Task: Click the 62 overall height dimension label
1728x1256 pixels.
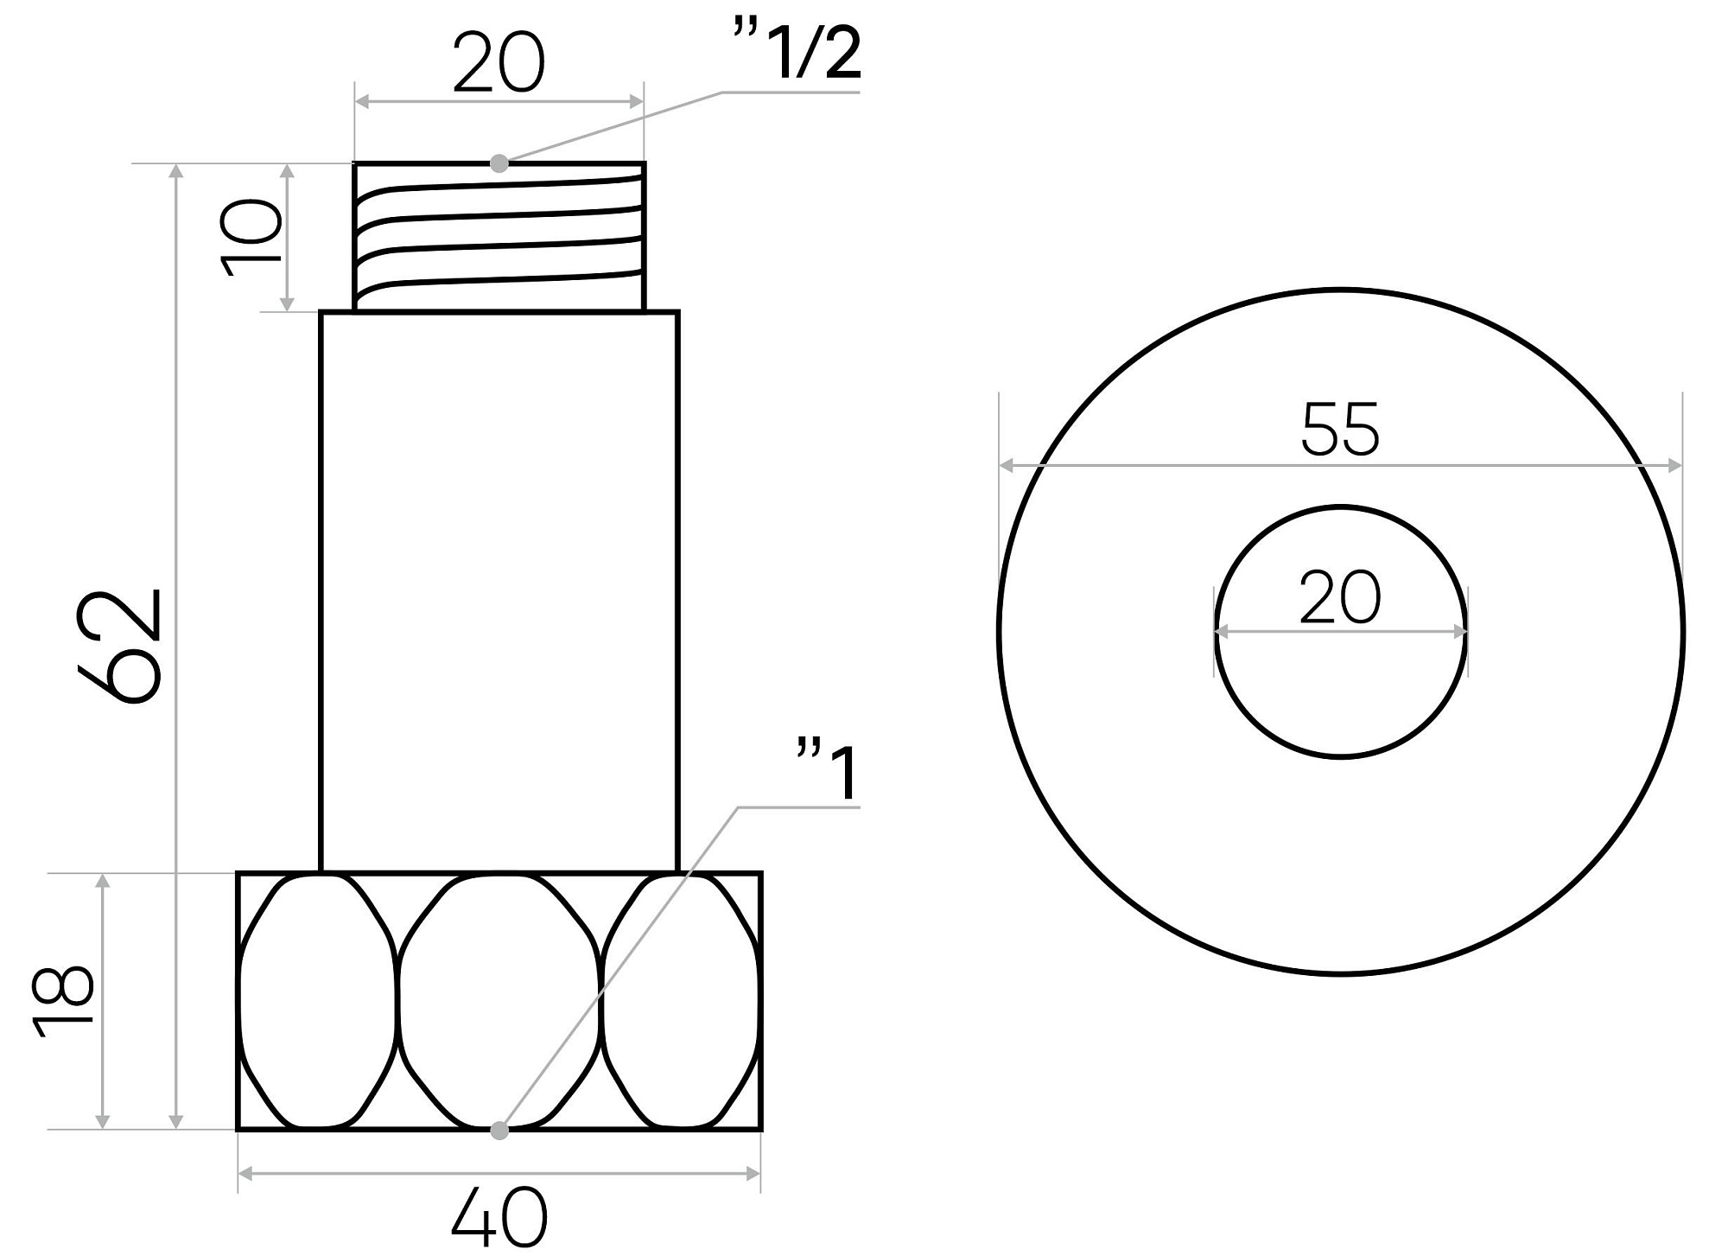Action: (119, 647)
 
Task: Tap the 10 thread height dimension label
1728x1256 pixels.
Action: (251, 238)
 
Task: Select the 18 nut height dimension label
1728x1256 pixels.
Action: (63, 1000)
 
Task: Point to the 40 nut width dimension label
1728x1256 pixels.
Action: (499, 1218)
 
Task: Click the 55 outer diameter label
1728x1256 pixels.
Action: (1340, 429)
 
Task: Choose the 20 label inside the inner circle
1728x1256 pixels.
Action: (1340, 596)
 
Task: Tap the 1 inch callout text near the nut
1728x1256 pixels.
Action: (828, 771)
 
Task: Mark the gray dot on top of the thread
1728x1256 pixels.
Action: (499, 163)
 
